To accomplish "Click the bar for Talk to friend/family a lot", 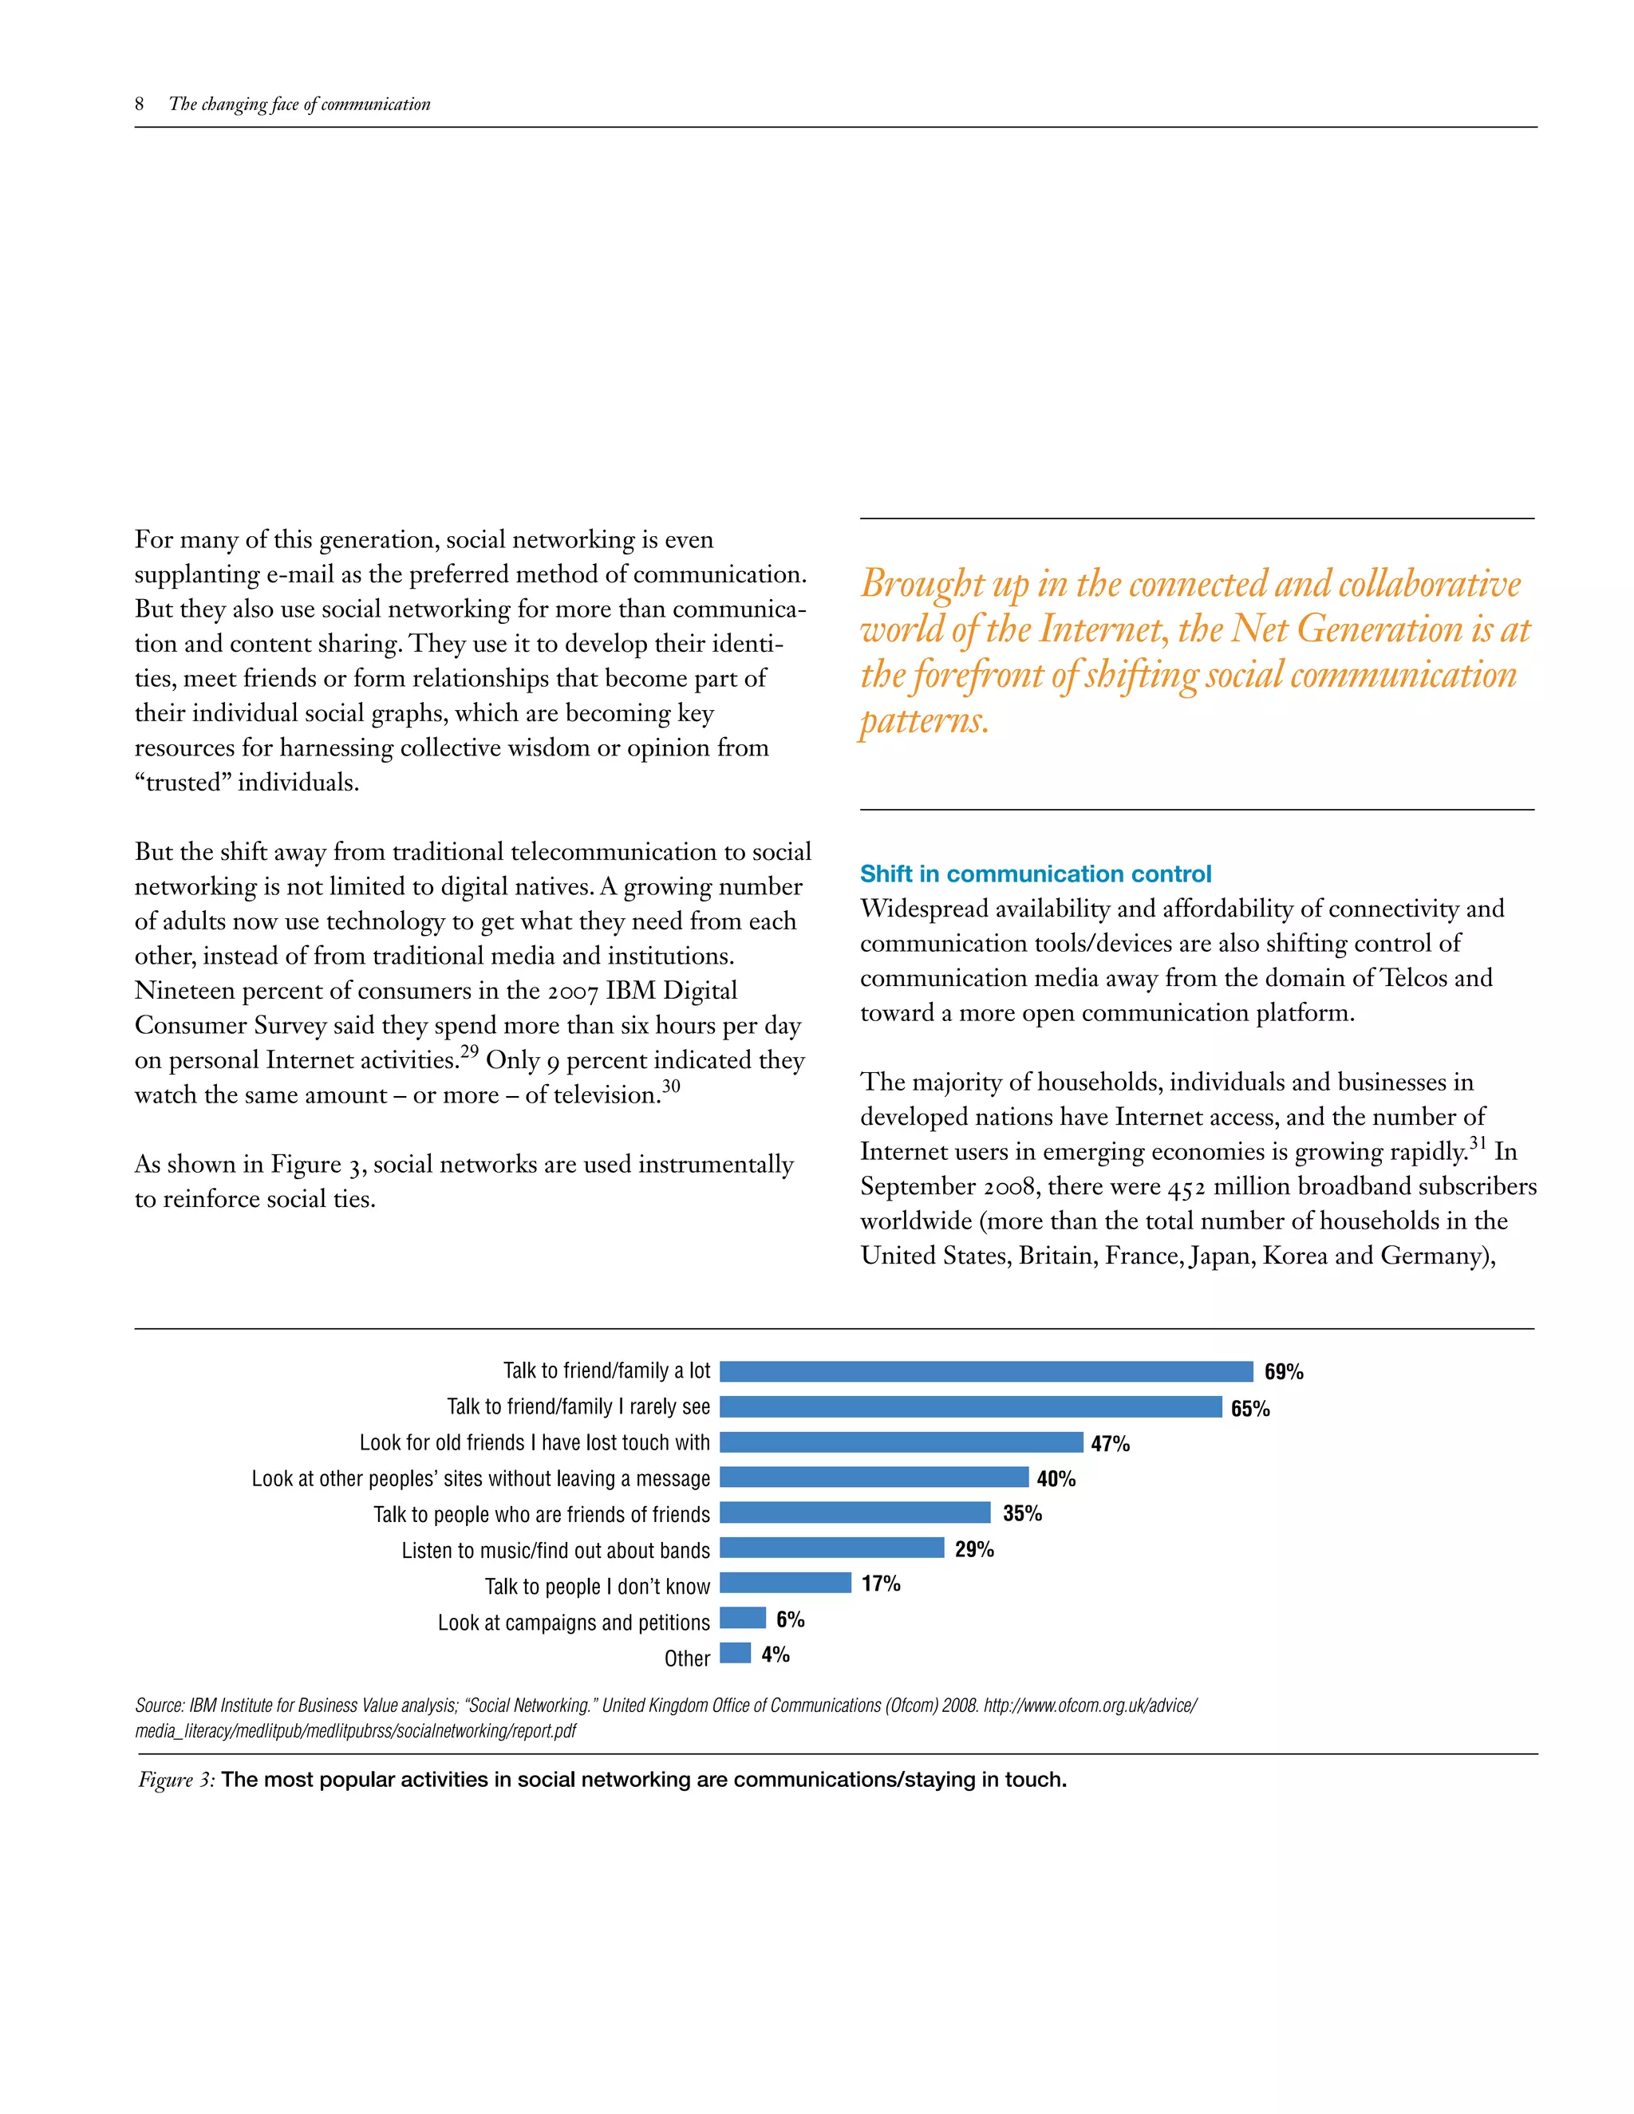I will (985, 1371).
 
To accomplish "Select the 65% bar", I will (970, 1406).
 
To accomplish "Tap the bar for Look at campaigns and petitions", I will (743, 1618).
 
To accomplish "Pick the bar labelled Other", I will (735, 1652).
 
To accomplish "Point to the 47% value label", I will (1111, 1443).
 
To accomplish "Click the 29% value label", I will (974, 1548).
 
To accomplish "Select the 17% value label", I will (881, 1584).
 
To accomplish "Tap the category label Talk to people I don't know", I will (598, 1587).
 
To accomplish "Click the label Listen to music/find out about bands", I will (555, 1551).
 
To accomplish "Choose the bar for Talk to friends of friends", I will (854, 1512).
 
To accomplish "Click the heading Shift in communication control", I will (1035, 874).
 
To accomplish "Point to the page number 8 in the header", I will (140, 105).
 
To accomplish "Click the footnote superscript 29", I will (469, 1052).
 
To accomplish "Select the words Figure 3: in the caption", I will (177, 1780).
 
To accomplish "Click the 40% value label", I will (1056, 1479).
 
